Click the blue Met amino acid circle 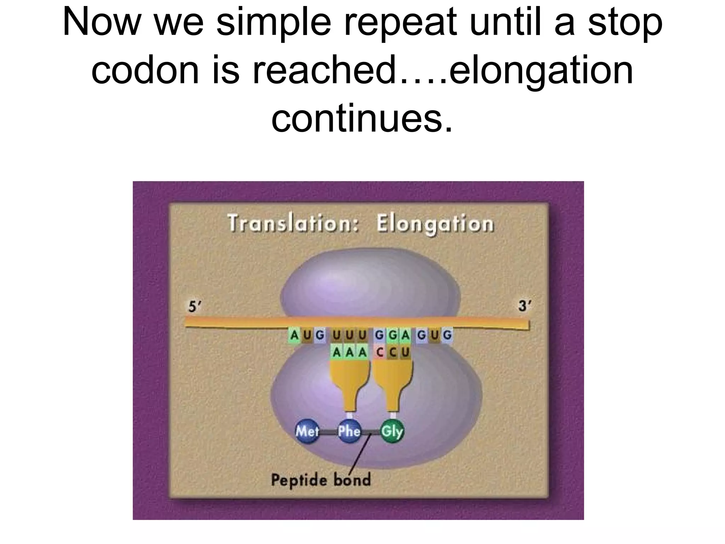tap(307, 431)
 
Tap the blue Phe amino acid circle tap(349, 431)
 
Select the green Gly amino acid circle tap(392, 431)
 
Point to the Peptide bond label tap(321, 480)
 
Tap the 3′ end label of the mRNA tap(524, 306)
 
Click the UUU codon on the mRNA tap(349, 335)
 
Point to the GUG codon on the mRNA tap(434, 335)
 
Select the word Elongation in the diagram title tap(435, 224)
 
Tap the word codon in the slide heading tap(145, 70)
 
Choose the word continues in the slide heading tap(362, 118)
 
